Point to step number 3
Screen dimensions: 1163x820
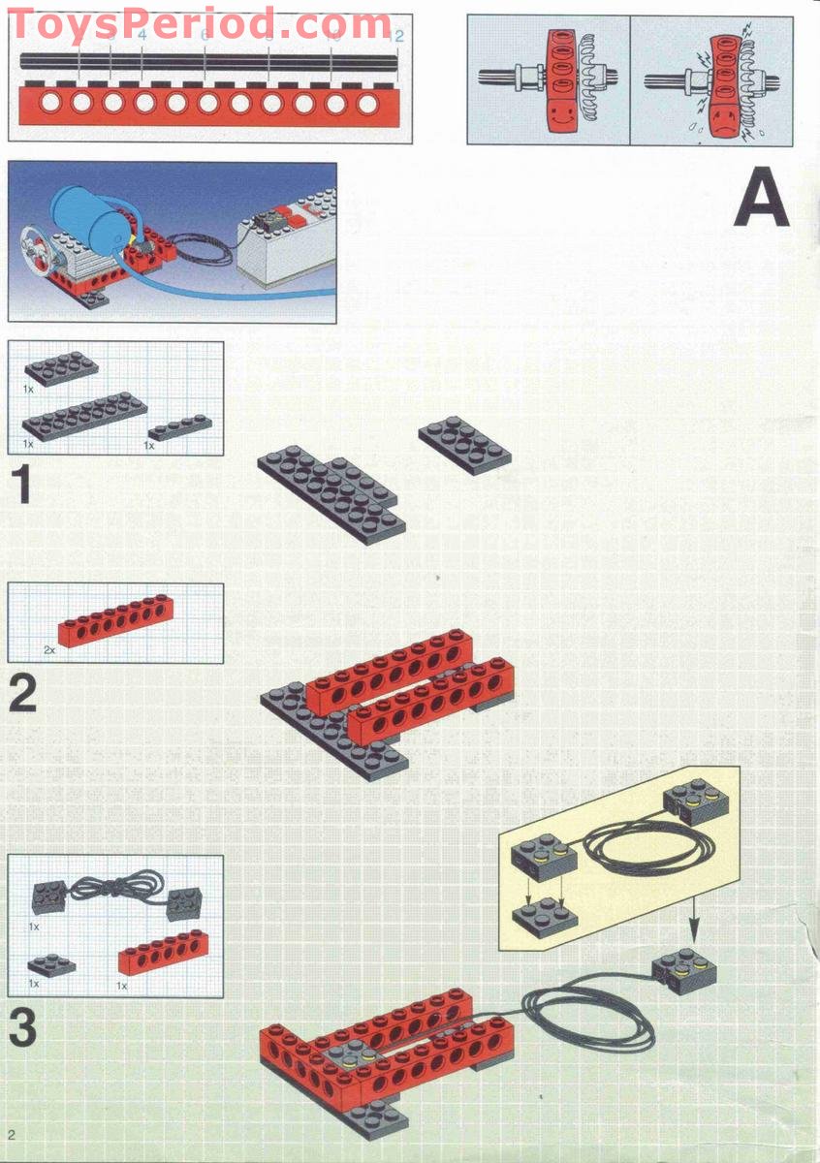pos(23,1028)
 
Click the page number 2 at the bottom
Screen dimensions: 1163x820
pos(12,1134)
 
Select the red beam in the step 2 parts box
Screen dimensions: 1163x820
pos(116,620)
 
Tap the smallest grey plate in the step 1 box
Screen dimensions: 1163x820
pos(178,426)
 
